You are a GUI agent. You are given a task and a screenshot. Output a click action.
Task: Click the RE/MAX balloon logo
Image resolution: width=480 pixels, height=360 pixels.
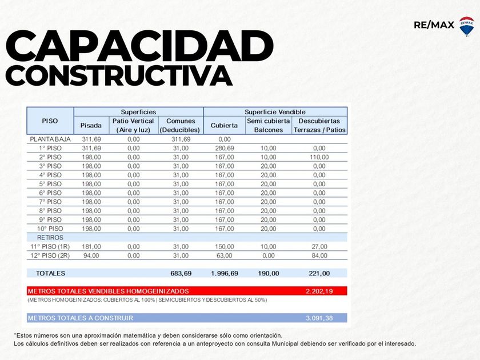click(x=466, y=26)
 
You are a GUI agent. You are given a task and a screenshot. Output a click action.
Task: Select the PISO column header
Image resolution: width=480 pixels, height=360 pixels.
click(x=50, y=121)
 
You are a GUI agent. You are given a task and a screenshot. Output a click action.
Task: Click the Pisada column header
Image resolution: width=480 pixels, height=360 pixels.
click(x=91, y=125)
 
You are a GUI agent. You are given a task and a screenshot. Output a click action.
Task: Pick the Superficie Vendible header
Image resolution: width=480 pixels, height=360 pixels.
click(x=275, y=112)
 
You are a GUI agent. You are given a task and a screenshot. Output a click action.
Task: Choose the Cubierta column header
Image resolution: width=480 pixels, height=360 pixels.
click(x=224, y=125)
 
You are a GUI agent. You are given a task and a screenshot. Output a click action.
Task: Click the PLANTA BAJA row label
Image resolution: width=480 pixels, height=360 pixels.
click(x=50, y=139)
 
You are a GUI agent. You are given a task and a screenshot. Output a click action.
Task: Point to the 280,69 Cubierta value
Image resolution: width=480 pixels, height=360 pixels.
click(x=224, y=148)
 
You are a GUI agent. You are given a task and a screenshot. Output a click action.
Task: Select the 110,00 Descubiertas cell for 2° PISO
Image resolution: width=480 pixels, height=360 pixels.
click(x=319, y=157)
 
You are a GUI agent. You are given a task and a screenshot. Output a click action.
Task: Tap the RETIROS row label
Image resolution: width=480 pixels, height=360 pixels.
click(x=50, y=237)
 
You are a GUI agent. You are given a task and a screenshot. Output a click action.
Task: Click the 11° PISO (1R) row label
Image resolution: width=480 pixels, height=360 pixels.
click(x=50, y=246)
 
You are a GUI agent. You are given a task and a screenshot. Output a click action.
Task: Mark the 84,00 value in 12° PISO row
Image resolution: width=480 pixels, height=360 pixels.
click(x=319, y=255)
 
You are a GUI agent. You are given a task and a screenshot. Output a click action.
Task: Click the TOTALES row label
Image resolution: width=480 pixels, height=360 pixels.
click(x=50, y=273)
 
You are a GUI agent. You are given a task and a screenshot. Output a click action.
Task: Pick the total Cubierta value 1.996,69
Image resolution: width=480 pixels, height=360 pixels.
click(x=224, y=273)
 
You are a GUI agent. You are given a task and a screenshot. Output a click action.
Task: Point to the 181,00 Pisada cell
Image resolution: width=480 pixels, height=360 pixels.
click(x=91, y=246)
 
